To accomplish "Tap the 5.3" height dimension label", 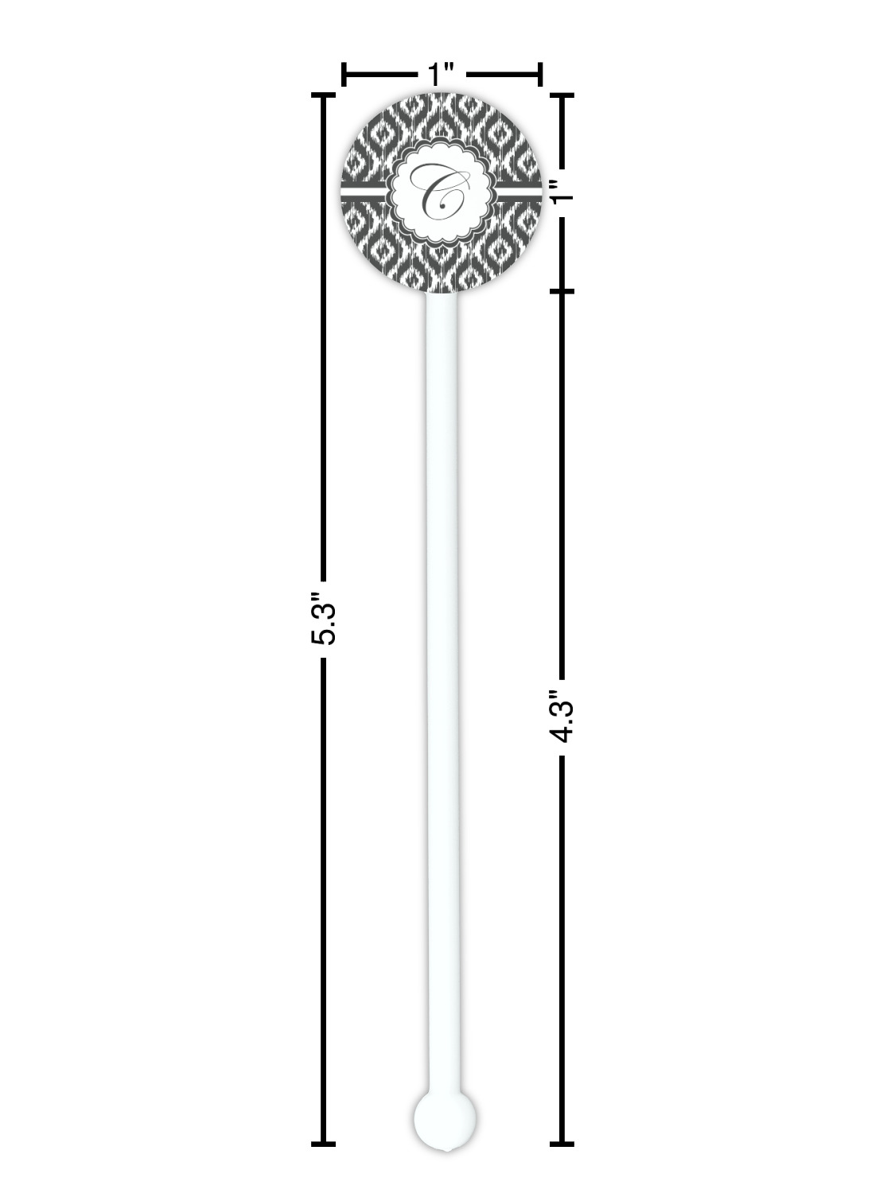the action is (x=324, y=619).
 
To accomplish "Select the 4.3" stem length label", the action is (x=562, y=717).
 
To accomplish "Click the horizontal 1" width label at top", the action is (x=441, y=74).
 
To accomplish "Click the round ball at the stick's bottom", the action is (x=445, y=1119).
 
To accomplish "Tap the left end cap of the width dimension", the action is (x=344, y=75).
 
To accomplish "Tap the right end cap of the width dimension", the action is (x=540, y=75).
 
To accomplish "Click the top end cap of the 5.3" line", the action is (x=323, y=95).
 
